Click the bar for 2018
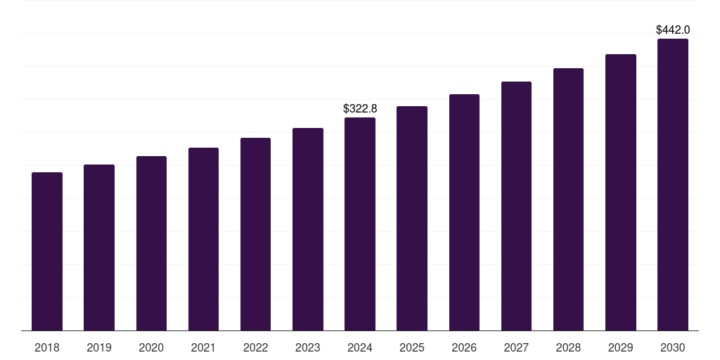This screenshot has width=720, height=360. (47, 251)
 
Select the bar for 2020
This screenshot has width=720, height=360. (151, 243)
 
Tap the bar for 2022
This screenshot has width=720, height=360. (255, 234)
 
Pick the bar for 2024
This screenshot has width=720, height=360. (360, 224)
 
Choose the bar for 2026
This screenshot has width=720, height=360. (464, 212)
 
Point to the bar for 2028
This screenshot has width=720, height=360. (568, 199)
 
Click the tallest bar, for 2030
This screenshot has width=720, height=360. (673, 184)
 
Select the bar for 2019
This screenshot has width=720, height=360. (99, 247)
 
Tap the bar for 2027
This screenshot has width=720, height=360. (516, 206)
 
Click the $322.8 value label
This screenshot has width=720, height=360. (360, 108)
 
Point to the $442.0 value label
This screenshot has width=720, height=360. (673, 30)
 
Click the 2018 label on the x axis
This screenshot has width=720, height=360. (47, 347)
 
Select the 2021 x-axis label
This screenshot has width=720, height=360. (203, 347)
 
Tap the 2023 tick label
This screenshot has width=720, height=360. (308, 347)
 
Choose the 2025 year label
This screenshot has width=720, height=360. (412, 347)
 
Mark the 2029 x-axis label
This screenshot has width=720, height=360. (621, 347)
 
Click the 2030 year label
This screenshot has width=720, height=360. (673, 347)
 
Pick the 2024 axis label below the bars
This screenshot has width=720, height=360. (360, 347)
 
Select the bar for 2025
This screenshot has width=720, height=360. (412, 218)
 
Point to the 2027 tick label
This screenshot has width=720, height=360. (516, 347)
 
